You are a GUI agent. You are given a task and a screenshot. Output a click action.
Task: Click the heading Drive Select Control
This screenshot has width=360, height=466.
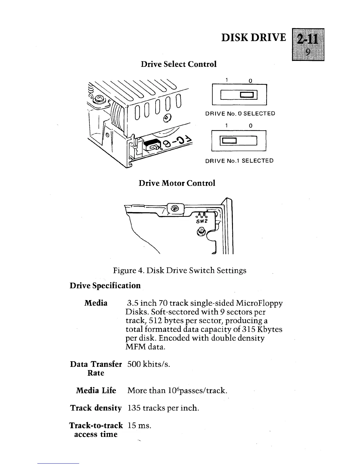point(179,64)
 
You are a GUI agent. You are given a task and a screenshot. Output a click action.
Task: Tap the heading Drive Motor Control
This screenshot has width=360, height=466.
point(177,183)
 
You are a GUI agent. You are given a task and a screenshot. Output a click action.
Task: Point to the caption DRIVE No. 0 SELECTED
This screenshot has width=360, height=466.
point(240,114)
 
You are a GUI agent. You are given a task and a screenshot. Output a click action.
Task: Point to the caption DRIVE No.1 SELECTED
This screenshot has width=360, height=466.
point(239,161)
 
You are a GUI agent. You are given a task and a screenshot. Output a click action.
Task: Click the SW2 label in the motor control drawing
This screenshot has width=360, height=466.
point(201,221)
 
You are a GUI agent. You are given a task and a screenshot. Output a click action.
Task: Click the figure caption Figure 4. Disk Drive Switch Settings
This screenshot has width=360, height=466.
point(180,270)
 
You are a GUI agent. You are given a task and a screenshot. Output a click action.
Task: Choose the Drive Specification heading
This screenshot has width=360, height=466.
point(105,286)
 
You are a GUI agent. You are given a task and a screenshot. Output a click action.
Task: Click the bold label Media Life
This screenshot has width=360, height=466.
point(96,391)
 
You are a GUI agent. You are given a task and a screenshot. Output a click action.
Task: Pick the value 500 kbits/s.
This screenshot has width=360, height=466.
point(149,364)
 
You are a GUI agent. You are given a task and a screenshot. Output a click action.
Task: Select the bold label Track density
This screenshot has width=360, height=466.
point(96,408)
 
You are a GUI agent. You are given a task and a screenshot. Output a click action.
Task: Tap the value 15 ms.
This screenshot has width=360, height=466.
point(139,425)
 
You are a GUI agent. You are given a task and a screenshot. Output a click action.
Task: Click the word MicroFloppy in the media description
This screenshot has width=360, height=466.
point(261,303)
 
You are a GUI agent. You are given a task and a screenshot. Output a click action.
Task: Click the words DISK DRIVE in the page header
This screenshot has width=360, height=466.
point(254,38)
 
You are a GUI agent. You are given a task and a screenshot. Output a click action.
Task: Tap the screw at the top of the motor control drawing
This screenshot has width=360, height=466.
point(175,209)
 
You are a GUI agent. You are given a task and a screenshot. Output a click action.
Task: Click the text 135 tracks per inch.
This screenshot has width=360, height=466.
point(163,408)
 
